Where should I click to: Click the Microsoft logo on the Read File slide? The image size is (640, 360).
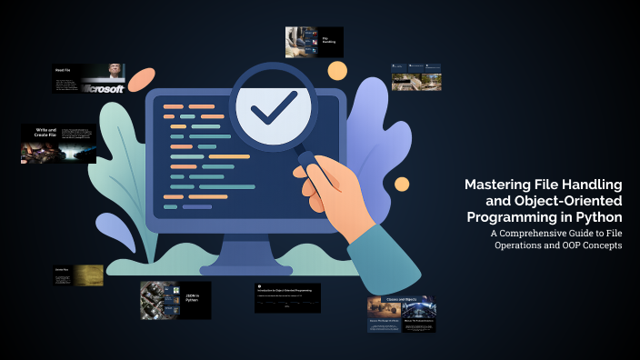(103, 88)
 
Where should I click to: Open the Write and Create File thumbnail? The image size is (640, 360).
(58, 144)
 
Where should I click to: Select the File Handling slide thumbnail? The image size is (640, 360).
(314, 42)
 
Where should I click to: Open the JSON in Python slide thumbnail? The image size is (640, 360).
(175, 300)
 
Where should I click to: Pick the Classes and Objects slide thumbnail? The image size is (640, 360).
(401, 314)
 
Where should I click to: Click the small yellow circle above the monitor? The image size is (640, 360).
(337, 70)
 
